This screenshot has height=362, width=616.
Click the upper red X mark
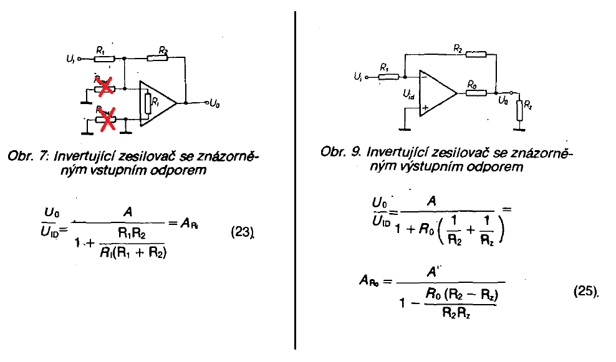point(105,86)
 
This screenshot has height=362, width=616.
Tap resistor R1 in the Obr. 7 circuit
point(103,59)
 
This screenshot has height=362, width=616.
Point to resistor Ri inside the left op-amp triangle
point(147,103)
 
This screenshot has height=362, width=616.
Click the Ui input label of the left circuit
point(70,59)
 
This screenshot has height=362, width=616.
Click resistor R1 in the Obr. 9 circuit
point(388,77)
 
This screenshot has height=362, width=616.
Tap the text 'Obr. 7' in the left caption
point(24,157)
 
